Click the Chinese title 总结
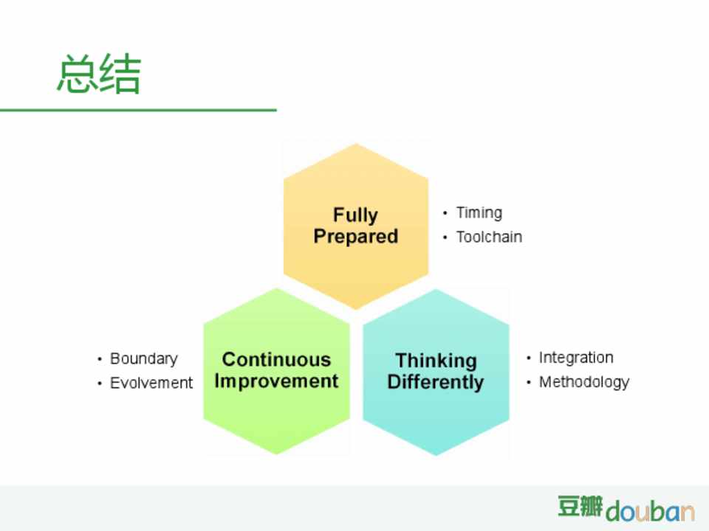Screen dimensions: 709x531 tap(99, 74)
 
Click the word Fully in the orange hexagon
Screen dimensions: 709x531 tap(355, 215)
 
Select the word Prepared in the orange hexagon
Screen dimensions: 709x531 tap(356, 237)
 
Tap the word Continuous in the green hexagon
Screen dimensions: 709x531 tap(277, 359)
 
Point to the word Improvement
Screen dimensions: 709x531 tap(276, 381)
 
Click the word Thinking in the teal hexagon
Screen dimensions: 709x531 tap(436, 361)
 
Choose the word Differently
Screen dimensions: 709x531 tap(436, 382)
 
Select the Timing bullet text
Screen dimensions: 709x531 tap(479, 212)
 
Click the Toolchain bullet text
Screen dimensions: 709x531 tap(489, 237)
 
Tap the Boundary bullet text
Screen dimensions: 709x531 tap(144, 359)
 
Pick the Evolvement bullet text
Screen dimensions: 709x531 tap(151, 383)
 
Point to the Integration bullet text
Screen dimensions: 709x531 tap(576, 358)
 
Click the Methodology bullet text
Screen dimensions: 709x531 tap(584, 383)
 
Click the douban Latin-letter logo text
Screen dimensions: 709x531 tap(650, 511)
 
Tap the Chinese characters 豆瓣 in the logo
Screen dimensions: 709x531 tap(580, 506)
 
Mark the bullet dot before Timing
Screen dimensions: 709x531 tap(445, 212)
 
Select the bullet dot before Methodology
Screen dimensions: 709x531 tap(529, 383)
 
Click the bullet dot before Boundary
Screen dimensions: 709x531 tap(100, 359)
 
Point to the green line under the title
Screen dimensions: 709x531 tap(138, 110)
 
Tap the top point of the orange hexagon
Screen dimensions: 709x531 tap(356, 144)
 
